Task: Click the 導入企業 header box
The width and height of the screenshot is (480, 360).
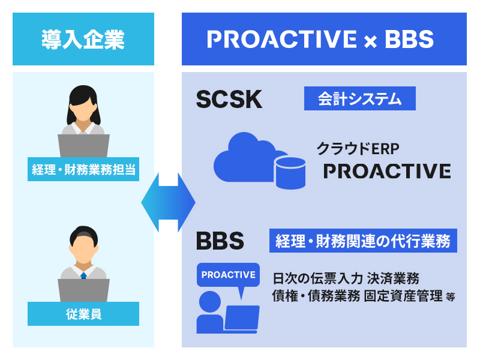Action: click(83, 39)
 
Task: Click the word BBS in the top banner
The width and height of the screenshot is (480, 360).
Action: click(409, 39)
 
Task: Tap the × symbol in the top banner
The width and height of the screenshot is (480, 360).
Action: click(370, 41)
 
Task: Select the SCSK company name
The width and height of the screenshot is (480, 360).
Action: click(229, 99)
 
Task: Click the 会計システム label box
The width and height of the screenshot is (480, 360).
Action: click(359, 98)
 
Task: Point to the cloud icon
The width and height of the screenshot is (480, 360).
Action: click(250, 157)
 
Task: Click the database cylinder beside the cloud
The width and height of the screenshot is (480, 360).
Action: click(290, 173)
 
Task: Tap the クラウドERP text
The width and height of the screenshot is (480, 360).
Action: click(358, 149)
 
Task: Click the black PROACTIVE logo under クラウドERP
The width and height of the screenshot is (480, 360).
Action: click(387, 171)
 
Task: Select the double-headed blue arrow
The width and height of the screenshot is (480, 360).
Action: click(168, 202)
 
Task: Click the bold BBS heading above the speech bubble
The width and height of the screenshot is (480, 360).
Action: click(220, 241)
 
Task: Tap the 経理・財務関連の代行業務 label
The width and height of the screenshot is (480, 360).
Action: click(363, 241)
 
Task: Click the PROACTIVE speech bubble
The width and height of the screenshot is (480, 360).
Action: click(229, 277)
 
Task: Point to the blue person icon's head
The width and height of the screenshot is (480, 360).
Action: click(210, 302)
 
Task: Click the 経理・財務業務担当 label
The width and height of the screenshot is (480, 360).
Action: click(83, 169)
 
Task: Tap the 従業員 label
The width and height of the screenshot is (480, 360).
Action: click(83, 314)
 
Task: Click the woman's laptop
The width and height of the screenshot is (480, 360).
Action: click(83, 146)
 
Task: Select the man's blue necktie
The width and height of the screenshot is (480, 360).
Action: click(83, 275)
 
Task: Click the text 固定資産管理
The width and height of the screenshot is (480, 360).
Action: click(403, 296)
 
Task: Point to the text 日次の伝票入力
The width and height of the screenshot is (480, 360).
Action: click(318, 278)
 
